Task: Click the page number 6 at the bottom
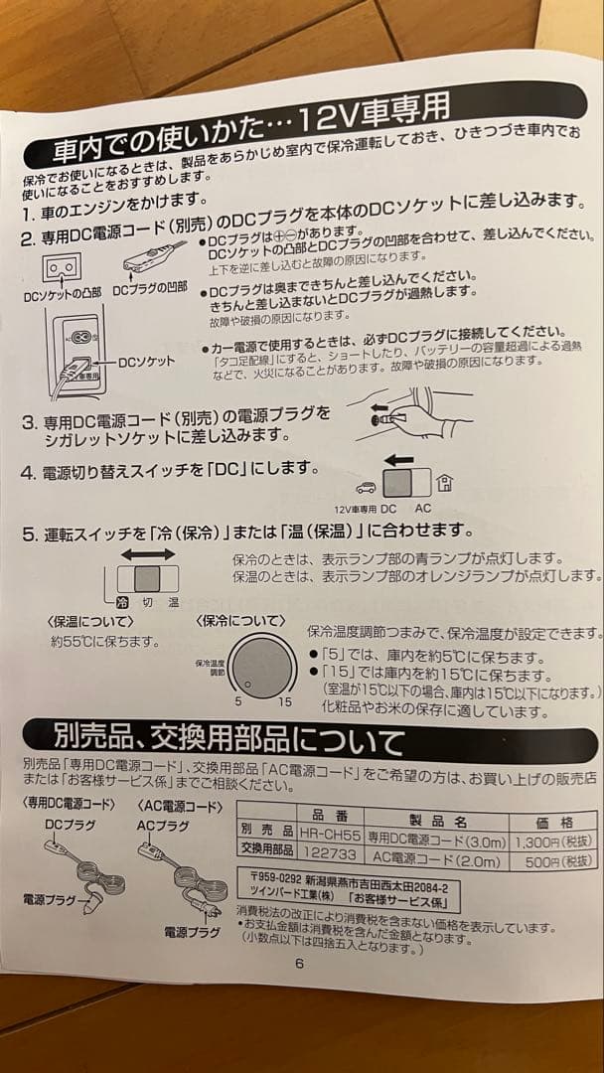pos(299,963)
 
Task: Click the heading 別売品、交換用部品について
pos(228,740)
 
